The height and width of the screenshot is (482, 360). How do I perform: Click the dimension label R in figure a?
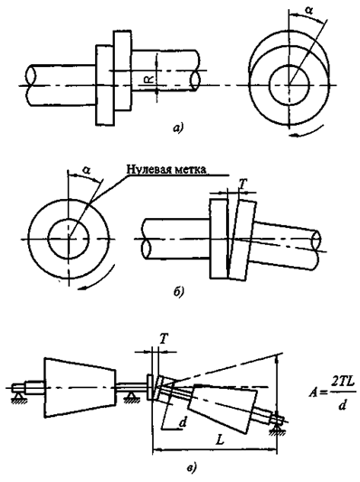149,80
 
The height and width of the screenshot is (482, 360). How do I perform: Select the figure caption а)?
177,128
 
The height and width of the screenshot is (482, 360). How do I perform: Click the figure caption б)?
178,292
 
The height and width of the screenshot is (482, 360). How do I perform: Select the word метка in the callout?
190,169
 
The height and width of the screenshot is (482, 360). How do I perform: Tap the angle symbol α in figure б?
87,170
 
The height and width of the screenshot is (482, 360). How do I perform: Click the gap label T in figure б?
242,184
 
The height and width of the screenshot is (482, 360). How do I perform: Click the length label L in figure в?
220,440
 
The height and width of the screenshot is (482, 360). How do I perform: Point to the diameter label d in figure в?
183,423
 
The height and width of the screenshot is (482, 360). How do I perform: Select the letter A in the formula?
313,392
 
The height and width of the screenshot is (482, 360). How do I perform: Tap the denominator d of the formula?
341,405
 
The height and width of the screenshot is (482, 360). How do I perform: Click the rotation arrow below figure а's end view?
308,131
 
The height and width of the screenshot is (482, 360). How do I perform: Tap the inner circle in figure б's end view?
69,219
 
